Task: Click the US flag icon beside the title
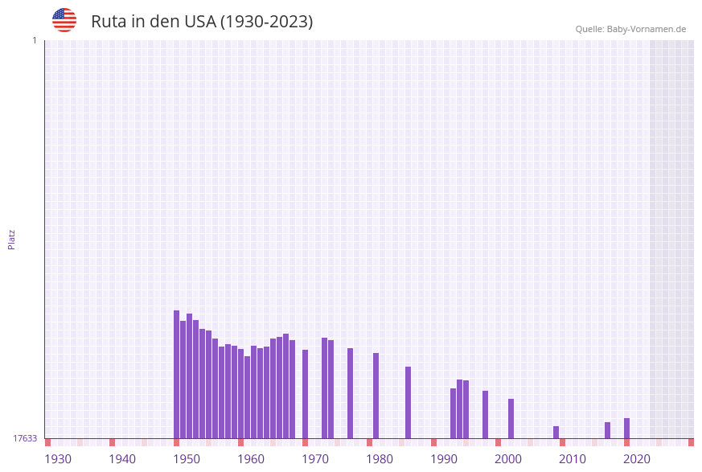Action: click(x=64, y=20)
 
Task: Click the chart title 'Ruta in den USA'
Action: click(x=202, y=22)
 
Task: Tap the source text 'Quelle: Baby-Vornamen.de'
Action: click(x=630, y=29)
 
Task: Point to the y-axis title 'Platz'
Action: click(x=12, y=239)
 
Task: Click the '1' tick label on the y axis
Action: click(x=34, y=40)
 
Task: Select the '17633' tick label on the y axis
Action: click(x=25, y=438)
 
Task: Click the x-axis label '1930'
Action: click(x=58, y=459)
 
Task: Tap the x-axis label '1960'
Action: click(x=251, y=459)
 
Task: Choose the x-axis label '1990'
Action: click(x=444, y=459)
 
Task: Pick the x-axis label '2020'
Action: click(x=637, y=459)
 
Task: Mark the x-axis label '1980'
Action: click(x=380, y=459)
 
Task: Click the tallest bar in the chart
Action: click(x=177, y=374)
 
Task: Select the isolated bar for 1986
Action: click(x=408, y=402)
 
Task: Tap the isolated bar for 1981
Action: click(x=376, y=396)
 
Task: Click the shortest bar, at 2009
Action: click(x=556, y=433)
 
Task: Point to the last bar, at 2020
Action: click(x=627, y=429)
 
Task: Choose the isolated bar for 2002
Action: click(x=511, y=418)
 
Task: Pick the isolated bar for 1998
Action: click(x=486, y=414)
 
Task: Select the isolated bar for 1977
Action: click(x=351, y=393)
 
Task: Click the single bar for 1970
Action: click(x=306, y=394)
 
